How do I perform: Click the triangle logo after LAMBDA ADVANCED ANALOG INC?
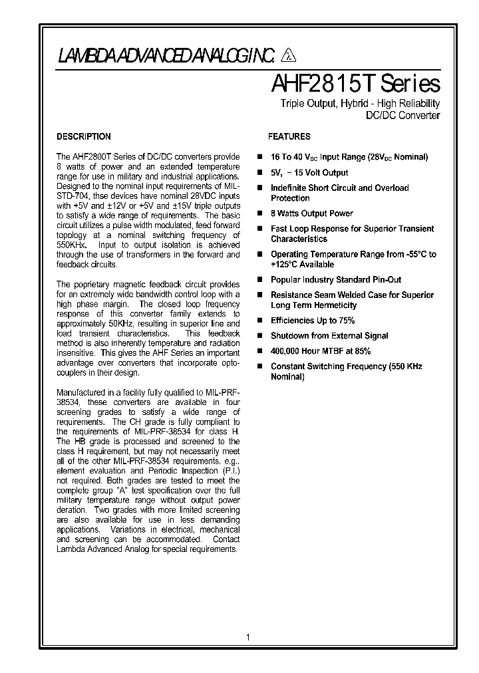[x=289, y=57]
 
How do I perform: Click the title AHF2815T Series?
[x=355, y=84]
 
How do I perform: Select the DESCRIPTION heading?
[x=84, y=136]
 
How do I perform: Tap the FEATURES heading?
[x=289, y=136]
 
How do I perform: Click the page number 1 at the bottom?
[x=248, y=637]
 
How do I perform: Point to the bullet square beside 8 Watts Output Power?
[x=260, y=213]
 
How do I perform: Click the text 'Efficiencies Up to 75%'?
[x=312, y=321]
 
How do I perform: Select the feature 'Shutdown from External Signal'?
[x=329, y=336]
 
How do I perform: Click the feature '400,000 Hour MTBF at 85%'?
[x=321, y=351]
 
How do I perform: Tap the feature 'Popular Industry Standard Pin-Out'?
[x=336, y=280]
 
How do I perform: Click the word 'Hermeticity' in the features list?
[x=333, y=305]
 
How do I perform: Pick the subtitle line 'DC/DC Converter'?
[x=403, y=116]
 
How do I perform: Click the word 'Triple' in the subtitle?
[x=293, y=104]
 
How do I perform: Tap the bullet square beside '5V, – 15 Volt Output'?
[x=260, y=173]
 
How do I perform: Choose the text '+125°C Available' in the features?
[x=302, y=265]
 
